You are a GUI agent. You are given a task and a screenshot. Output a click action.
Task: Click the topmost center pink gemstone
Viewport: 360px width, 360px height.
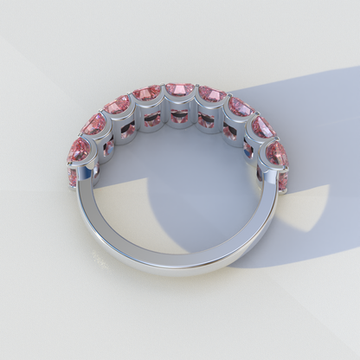click(x=180, y=89)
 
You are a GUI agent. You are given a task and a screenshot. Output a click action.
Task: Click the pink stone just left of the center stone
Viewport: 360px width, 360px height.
click(x=148, y=93)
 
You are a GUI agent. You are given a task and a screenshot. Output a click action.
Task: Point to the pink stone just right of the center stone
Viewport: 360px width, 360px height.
click(x=211, y=93)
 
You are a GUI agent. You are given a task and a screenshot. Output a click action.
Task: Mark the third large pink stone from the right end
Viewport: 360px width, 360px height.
click(x=239, y=106)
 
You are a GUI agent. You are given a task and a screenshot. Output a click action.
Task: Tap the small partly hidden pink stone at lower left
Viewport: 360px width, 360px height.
click(x=74, y=177)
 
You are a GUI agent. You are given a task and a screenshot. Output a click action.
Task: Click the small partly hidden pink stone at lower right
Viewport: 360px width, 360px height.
click(x=283, y=181)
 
